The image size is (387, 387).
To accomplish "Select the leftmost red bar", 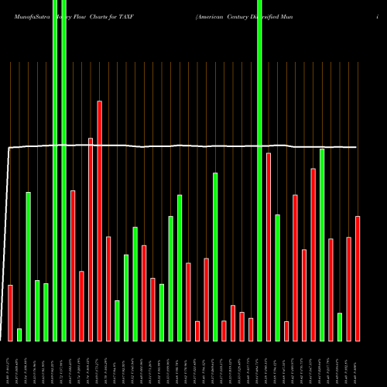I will click(11, 313).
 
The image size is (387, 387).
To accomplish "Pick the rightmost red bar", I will click(358, 279).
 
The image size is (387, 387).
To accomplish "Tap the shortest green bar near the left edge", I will click(19, 334).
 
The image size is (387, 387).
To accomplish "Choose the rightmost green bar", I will click(340, 327).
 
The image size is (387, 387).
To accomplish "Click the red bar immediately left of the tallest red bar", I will click(91, 239).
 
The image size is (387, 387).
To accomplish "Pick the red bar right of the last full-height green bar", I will click(269, 247).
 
